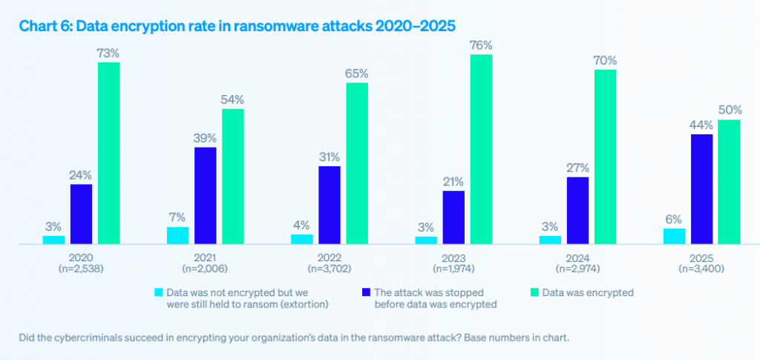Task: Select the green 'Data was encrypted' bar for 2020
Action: [x=109, y=152]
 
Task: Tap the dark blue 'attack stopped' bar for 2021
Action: [x=206, y=195]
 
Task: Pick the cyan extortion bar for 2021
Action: [x=177, y=235]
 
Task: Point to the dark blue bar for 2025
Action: [x=701, y=189]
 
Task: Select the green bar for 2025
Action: [x=730, y=181]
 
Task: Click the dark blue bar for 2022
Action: [x=330, y=204]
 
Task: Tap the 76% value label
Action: [x=481, y=45]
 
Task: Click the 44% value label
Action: [x=701, y=125]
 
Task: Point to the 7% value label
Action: [x=177, y=217]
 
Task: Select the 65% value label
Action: [x=357, y=73]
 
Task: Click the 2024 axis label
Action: [x=577, y=257]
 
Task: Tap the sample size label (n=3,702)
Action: [x=330, y=268]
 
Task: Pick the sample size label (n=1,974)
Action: [x=453, y=268]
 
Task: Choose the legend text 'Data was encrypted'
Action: [x=588, y=293]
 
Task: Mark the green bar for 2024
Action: [x=605, y=156]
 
